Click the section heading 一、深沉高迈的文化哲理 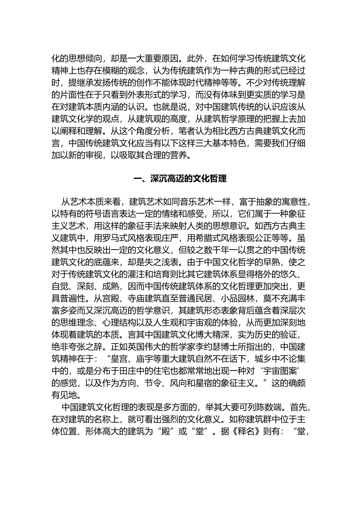tap(180, 179)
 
